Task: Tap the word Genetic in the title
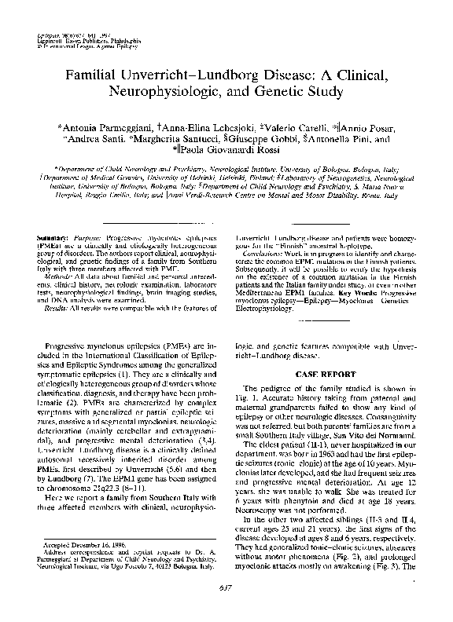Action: click(x=278, y=93)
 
